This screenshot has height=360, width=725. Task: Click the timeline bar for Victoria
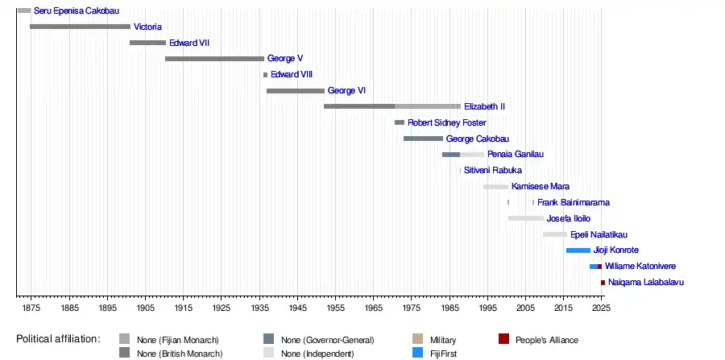[80, 27]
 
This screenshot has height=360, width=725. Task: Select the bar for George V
[214, 59]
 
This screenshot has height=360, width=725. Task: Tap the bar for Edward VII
[147, 43]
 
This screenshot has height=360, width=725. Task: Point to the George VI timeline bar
[295, 91]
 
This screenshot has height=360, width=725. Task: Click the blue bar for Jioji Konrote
[578, 250]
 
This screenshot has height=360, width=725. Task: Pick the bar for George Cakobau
[423, 139]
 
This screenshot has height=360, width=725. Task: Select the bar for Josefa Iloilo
[525, 218]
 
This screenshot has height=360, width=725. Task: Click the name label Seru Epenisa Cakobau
[77, 11]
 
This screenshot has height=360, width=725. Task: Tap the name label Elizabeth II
[484, 107]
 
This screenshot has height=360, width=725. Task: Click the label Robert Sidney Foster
[446, 123]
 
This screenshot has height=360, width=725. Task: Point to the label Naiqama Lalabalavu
[646, 283]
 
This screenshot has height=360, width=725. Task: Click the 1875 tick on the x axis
[31, 308]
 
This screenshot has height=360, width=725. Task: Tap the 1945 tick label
[296, 308]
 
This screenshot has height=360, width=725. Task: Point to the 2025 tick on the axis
[601, 308]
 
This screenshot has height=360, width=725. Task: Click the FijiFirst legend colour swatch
[417, 352]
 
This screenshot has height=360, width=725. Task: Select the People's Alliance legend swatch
[503, 339]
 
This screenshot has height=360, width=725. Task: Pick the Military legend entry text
[444, 340]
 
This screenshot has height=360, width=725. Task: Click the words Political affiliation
[58, 339]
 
